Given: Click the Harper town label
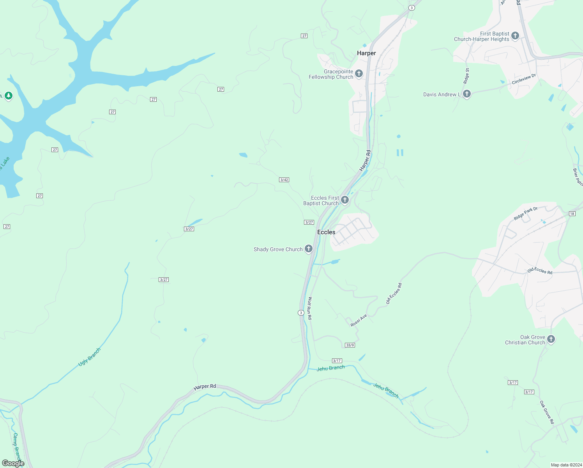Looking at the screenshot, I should coord(366,53).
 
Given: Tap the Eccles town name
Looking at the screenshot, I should coord(326,232).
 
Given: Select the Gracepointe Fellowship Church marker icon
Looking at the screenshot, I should coord(359,73).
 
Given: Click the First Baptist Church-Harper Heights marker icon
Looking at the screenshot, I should coord(515,36).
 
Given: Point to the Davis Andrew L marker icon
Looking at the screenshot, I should coord(466,94).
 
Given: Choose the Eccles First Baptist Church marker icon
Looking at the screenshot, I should coord(344,200).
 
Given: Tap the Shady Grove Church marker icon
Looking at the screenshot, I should coord(309,249).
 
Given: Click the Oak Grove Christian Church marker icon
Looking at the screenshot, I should coord(551,339).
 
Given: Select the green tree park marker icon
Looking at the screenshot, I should coord(9,96).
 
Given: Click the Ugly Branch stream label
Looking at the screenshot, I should coord(90,357).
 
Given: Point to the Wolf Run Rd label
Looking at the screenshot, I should coord(309,308).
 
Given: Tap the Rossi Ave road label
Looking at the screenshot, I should coord(359,320).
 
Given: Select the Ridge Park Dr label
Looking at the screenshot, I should coord(525,213).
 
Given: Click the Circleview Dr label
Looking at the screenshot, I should coord(524,79).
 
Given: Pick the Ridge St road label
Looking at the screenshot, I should coord(466,76).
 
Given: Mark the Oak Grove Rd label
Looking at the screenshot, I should coord(546,412).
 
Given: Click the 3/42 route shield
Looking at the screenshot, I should coord(284,180).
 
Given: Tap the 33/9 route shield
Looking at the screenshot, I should coord(350,345).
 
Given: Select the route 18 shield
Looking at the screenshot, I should coord(572,213).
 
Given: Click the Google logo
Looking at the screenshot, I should coord(13,463).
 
